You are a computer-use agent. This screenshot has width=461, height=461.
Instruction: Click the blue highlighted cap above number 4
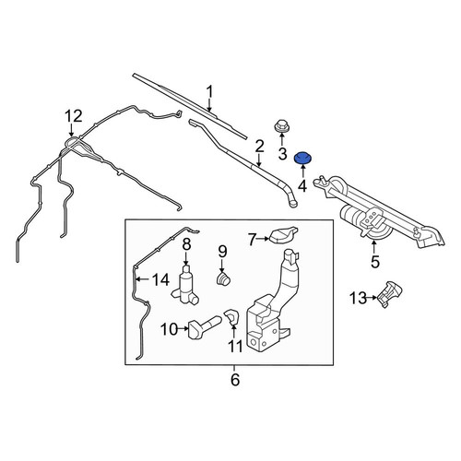tap(302, 158)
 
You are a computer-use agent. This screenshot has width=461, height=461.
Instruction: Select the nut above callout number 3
tap(280, 126)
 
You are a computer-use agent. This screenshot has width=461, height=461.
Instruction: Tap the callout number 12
tap(74, 116)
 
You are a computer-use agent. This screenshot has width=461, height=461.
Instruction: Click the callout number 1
tap(209, 92)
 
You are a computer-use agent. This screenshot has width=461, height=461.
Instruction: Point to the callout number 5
tap(375, 261)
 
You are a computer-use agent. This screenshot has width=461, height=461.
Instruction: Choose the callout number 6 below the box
tap(235, 380)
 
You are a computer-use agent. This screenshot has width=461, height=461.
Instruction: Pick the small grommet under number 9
tap(223, 278)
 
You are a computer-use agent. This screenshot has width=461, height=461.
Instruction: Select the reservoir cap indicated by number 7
tap(283, 235)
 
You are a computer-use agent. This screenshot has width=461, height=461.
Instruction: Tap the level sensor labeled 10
tap(204, 327)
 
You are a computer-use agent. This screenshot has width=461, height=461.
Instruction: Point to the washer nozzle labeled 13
tap(389, 294)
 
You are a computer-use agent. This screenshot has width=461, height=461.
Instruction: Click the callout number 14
tap(161, 279)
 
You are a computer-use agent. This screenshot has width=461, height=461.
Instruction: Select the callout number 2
tap(259, 147)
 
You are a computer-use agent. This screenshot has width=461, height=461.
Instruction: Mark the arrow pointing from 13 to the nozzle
tap(372, 298)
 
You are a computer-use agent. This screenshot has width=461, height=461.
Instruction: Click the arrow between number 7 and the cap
tap(263, 238)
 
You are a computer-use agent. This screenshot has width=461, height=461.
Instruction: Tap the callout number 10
tap(170, 329)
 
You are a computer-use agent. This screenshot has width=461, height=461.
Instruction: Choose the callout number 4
tap(302, 186)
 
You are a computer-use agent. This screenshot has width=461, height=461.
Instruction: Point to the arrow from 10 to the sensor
tap(183, 328)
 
